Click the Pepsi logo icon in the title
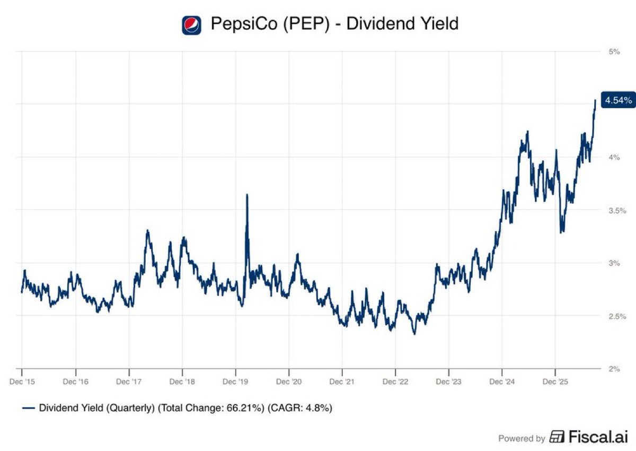point(192,25)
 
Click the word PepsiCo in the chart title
point(244,24)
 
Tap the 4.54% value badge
point(619,100)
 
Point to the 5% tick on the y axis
point(614,51)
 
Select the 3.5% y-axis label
point(617,211)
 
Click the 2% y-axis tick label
point(614,369)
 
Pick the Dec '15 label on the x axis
point(22,381)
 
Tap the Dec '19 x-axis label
point(235,381)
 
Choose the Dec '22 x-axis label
point(395,381)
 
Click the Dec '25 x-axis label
point(555,381)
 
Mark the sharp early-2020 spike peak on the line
point(247,195)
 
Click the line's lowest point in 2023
point(414,334)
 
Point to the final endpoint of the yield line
point(595,100)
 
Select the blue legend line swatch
point(29,408)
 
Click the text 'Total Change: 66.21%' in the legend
point(209,408)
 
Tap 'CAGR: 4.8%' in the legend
point(300,408)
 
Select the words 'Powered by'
point(522,438)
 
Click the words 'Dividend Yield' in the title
point(402,23)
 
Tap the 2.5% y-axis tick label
point(617,316)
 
